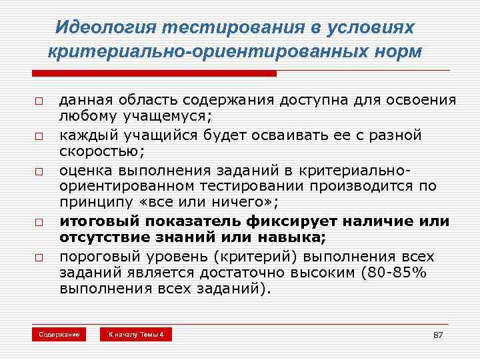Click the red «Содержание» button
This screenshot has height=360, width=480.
tap(59, 334)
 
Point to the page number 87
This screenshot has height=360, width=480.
tap(438, 335)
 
